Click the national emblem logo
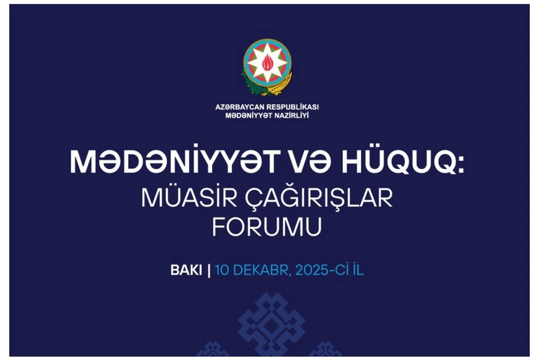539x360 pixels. click(268, 67)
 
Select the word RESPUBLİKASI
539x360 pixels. click(294, 107)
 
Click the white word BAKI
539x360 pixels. click(186, 270)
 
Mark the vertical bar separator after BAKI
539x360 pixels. click(209, 270)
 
